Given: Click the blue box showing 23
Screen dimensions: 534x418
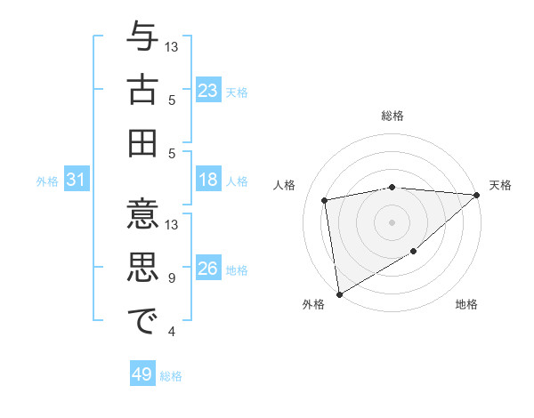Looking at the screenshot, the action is pyautogui.click(x=208, y=90).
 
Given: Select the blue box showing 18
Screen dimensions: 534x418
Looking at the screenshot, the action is pyautogui.click(x=208, y=180).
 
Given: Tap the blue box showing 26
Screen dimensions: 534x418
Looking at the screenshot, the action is pyautogui.click(x=208, y=269).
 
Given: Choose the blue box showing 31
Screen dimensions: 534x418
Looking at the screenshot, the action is pyautogui.click(x=77, y=180).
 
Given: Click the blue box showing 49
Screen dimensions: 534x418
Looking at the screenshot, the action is pyautogui.click(x=142, y=374).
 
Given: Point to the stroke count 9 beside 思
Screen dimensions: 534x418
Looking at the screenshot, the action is pyautogui.click(x=172, y=278).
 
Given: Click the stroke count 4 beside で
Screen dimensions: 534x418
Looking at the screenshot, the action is pyautogui.click(x=172, y=332).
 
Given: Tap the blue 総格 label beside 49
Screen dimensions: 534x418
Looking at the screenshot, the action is pyautogui.click(x=171, y=376).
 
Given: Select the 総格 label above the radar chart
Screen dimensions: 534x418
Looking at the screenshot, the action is pyautogui.click(x=392, y=117).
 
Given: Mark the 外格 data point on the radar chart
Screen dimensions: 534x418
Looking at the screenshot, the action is pyautogui.click(x=338, y=293).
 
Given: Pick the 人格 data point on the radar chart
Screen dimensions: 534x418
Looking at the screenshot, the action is pyautogui.click(x=325, y=199).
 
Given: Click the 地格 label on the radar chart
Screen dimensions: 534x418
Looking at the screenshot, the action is pyautogui.click(x=466, y=305).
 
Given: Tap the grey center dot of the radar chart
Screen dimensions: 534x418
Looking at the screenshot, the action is pyautogui.click(x=392, y=221).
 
